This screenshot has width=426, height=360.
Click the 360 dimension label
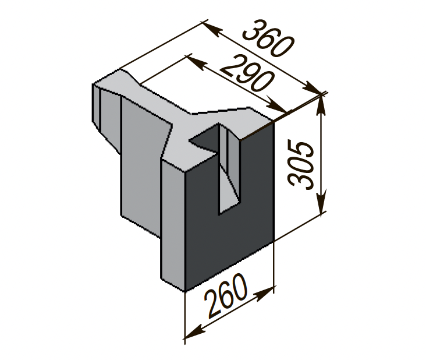click(268, 38)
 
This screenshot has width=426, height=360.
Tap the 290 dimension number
click(247, 73)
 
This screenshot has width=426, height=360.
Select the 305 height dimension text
click(301, 164)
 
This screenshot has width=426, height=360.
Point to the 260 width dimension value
click(226, 295)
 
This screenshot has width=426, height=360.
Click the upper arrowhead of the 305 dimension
click(321, 104)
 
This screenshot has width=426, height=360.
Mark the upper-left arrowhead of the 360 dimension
click(211, 29)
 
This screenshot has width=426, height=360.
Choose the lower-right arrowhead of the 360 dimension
click(312, 87)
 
